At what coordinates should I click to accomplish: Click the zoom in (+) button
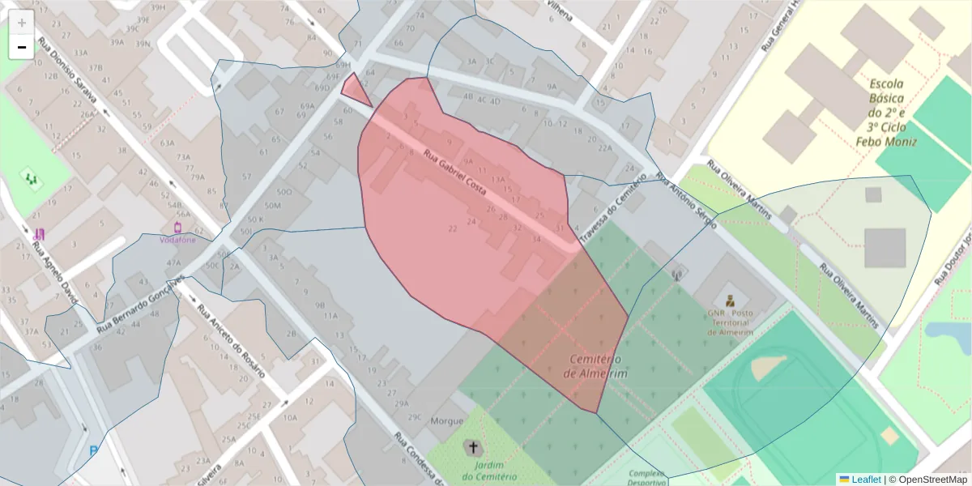click(22, 23)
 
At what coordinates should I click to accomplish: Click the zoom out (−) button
click(22, 47)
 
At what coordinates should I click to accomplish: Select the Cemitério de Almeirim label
click(595, 366)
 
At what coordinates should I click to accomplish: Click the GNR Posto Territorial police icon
click(731, 299)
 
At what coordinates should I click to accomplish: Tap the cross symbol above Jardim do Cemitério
click(473, 447)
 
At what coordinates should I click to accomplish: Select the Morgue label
click(447, 421)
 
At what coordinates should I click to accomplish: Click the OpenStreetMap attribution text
click(928, 480)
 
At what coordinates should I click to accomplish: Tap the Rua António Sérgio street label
click(687, 202)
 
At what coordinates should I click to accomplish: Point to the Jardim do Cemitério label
click(490, 471)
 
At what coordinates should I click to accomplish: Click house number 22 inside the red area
click(452, 229)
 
